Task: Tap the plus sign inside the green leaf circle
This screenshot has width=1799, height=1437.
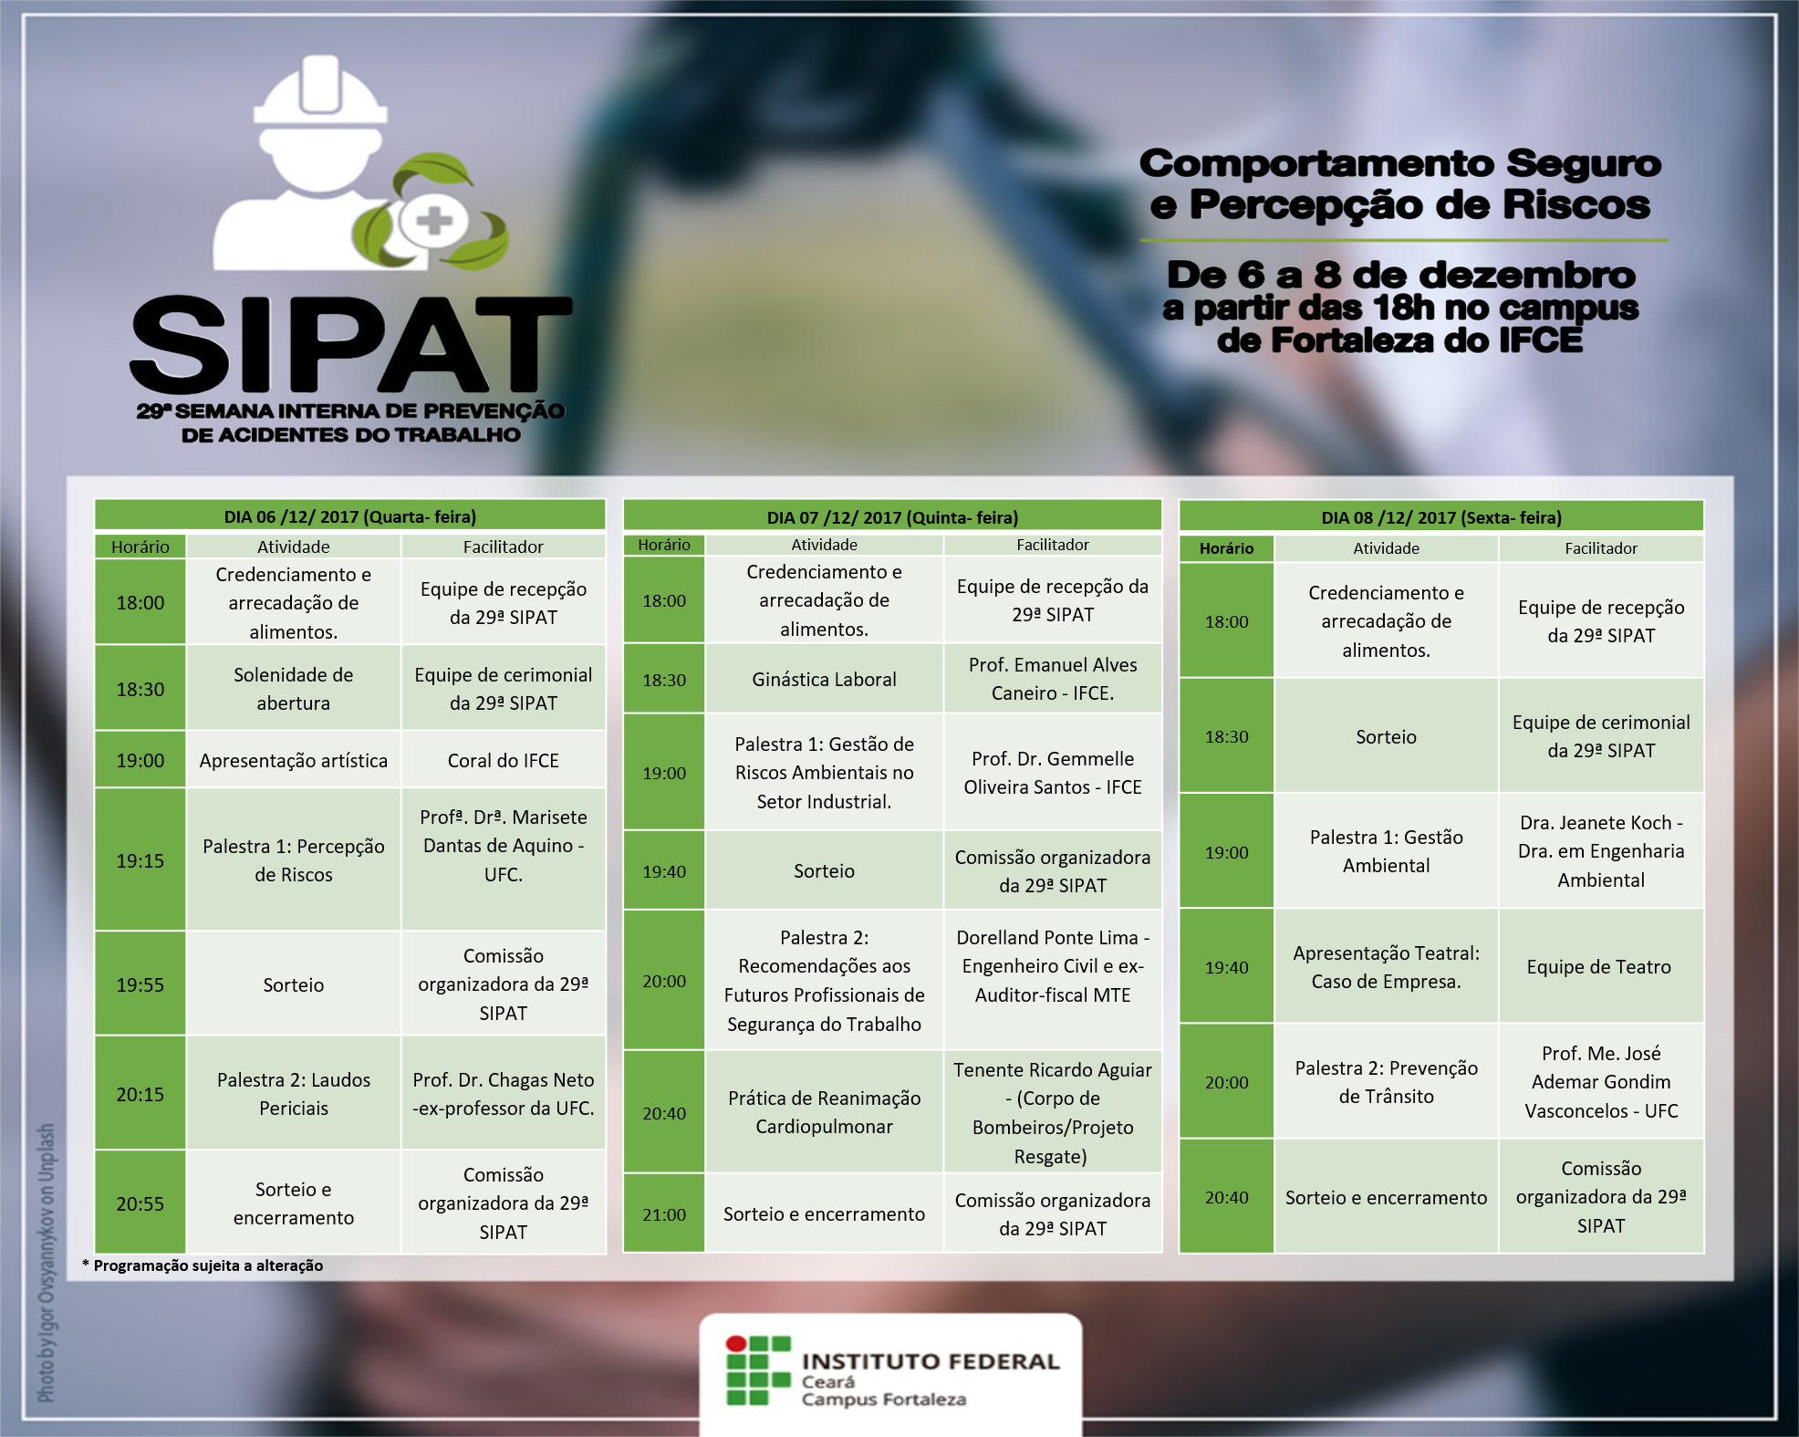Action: [433, 221]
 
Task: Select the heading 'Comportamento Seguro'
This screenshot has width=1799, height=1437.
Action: [1400, 163]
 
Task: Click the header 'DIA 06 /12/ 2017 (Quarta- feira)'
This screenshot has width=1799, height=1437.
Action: [350, 516]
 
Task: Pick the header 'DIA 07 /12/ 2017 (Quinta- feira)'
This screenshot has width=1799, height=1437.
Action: [892, 517]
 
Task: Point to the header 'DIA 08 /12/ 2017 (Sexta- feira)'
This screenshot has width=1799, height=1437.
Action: [1441, 517]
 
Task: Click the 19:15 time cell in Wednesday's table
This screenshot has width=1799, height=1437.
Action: [140, 860]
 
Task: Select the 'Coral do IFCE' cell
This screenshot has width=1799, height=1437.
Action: [504, 760]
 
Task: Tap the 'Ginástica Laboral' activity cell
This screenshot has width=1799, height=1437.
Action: [824, 679]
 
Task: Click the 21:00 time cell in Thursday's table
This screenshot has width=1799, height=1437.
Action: [664, 1214]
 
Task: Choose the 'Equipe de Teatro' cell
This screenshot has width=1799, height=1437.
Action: [1601, 966]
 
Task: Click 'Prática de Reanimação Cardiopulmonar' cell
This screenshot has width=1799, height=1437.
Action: [824, 1112]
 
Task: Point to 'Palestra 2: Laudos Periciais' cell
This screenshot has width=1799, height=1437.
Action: [294, 1093]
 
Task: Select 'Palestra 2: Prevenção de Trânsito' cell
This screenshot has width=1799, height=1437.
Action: [1386, 1082]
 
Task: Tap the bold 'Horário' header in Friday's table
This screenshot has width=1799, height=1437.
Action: [1226, 548]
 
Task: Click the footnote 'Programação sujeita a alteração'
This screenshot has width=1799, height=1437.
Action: [208, 1265]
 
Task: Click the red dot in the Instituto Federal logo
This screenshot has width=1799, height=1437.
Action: [736, 1344]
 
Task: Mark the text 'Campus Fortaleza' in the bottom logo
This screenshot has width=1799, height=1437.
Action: [883, 1400]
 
